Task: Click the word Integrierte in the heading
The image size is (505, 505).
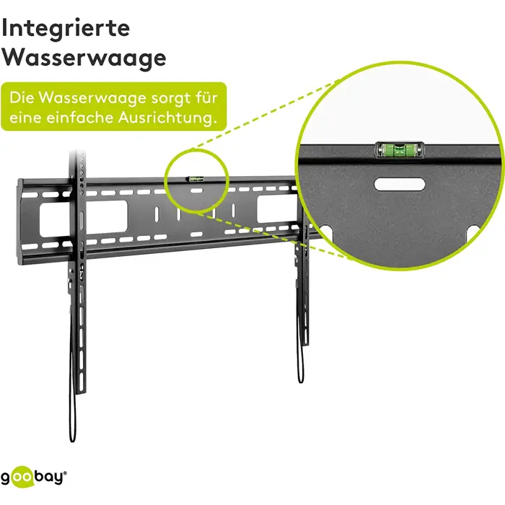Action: [67, 29]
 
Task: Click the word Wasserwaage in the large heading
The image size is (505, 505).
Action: [84, 58]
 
